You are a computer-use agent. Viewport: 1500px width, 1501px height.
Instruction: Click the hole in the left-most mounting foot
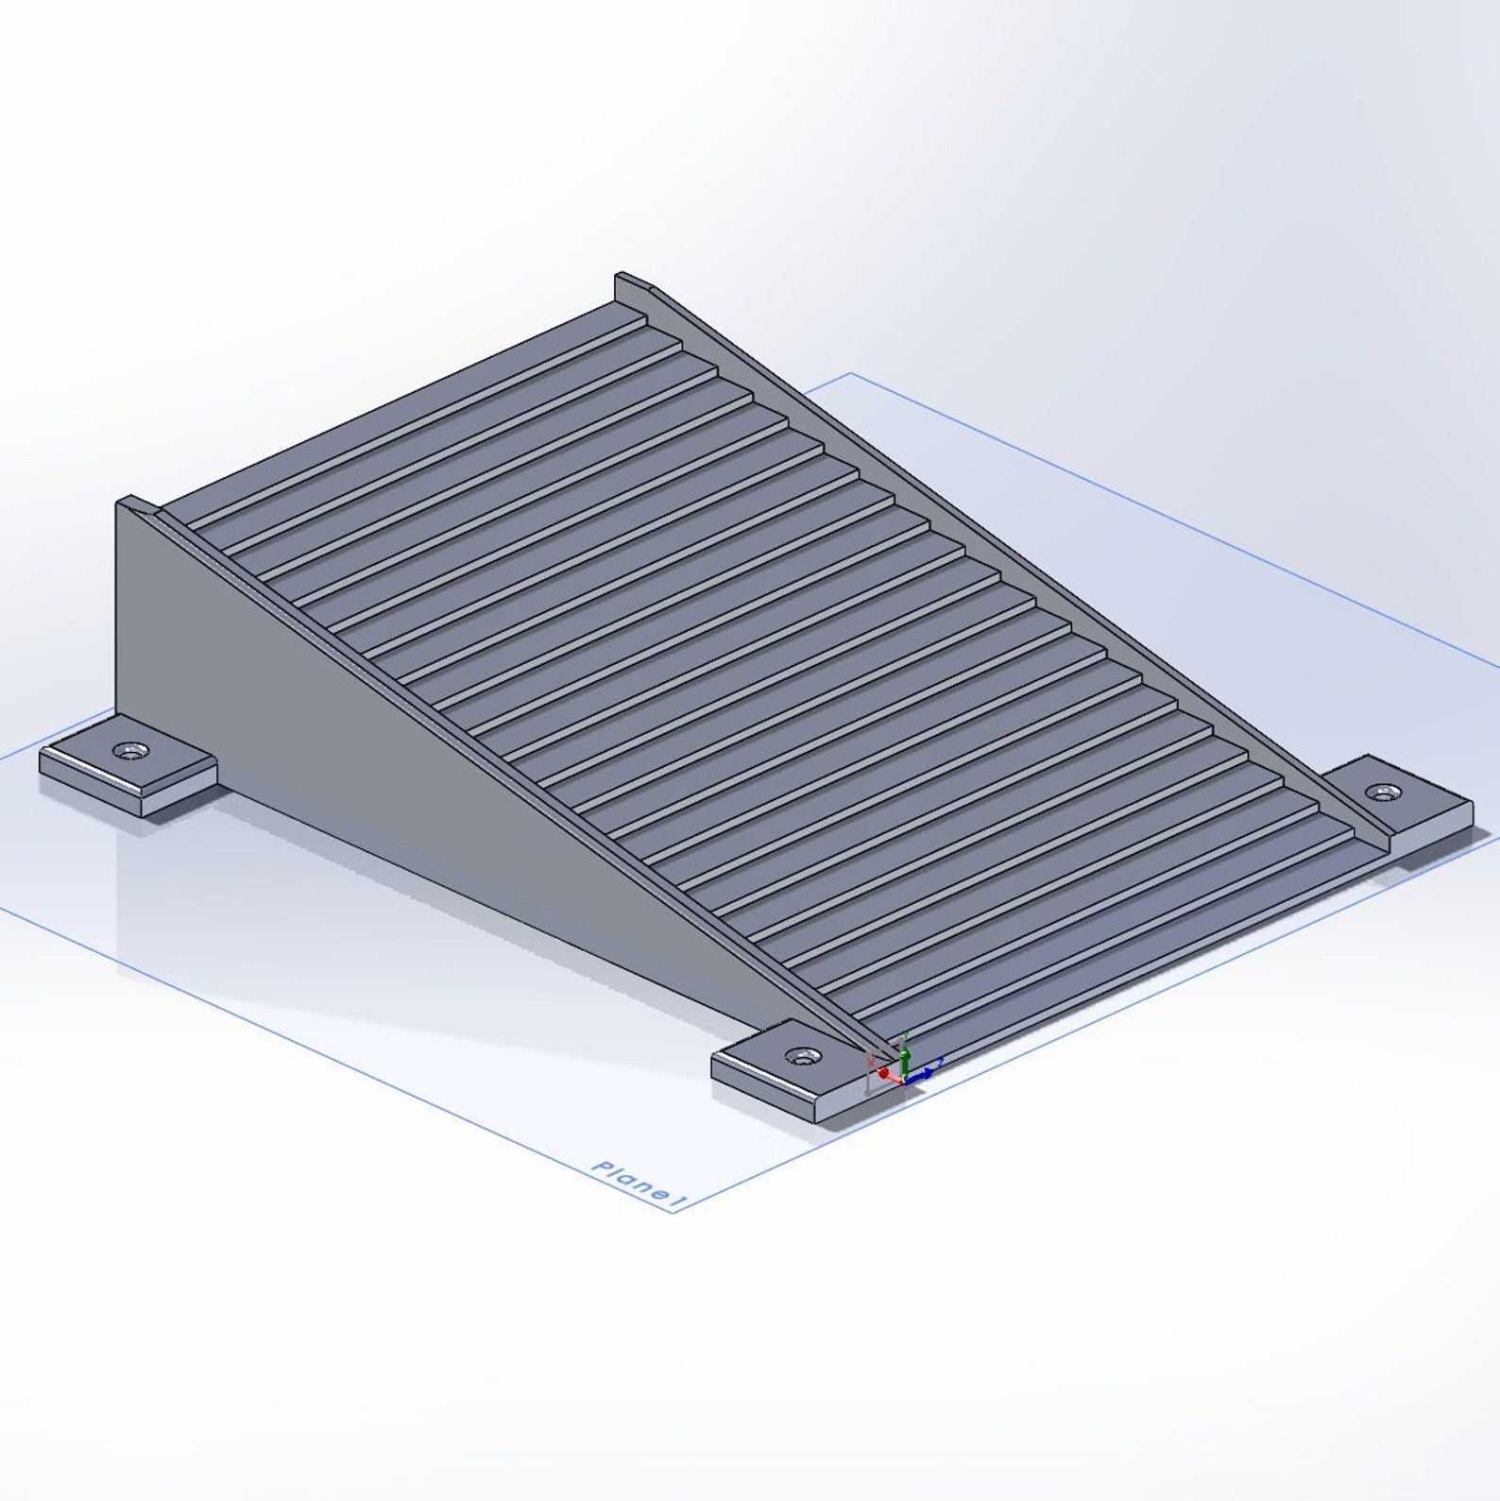point(129,752)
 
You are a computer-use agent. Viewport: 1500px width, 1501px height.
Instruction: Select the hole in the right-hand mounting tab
point(1384,792)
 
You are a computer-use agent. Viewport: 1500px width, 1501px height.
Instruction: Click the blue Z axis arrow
point(923,1074)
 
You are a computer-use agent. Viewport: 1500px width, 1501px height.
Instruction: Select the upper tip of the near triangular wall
point(121,501)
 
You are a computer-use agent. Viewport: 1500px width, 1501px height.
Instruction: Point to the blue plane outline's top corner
point(852,373)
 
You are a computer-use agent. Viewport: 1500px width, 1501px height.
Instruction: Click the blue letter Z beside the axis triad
point(941,1062)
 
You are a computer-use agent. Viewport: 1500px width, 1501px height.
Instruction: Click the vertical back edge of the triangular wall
point(117,605)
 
